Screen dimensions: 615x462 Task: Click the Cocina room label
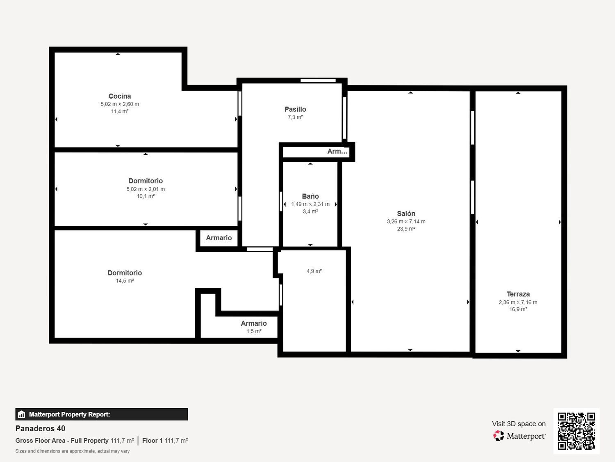tap(120, 96)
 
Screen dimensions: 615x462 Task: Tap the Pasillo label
tap(295, 109)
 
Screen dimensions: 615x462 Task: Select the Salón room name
tap(406, 214)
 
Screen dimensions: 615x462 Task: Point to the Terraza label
tap(518, 294)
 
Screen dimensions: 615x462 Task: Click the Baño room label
tap(310, 196)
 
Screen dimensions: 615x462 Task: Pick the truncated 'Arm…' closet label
tap(337, 152)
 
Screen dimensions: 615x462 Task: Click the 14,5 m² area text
tap(125, 280)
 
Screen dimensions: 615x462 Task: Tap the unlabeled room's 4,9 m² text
tap(314, 271)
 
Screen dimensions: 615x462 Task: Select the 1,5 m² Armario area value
tap(254, 331)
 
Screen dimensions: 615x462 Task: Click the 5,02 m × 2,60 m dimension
tap(120, 104)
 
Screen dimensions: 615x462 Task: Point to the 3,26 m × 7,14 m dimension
tap(406, 221)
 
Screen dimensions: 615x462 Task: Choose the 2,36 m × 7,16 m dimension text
tap(518, 302)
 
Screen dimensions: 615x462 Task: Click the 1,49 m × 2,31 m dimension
tap(310, 204)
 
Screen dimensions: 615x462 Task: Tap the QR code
tap(576, 431)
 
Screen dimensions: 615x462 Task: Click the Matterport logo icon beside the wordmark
tap(499, 436)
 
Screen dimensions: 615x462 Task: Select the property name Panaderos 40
tap(40, 428)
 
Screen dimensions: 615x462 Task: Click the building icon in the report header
tap(22, 414)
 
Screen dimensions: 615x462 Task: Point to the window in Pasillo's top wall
tap(318, 80)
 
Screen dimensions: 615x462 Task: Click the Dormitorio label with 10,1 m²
tap(146, 181)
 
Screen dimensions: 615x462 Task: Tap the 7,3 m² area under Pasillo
tap(295, 117)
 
